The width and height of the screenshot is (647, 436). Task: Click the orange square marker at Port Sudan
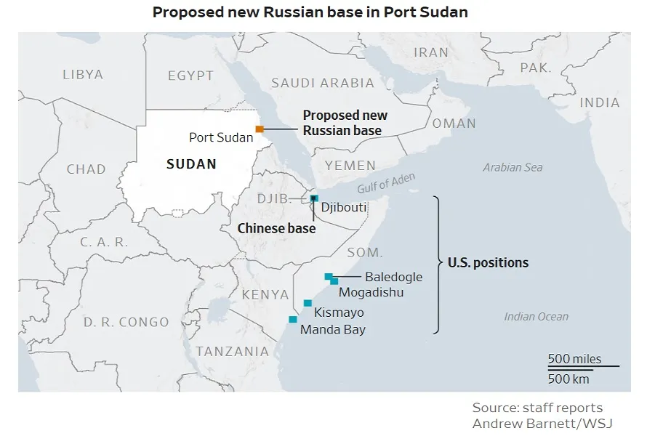[260, 129]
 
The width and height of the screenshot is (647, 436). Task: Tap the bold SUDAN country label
[191, 164]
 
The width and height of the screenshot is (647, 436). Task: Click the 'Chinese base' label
[276, 228]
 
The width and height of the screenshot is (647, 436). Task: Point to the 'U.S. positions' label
[488, 263]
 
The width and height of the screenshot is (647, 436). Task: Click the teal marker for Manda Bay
[293, 319]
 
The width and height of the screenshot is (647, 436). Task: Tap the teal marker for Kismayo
[308, 303]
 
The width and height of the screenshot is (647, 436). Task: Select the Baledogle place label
[393, 277]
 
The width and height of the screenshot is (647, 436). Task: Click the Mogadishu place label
[371, 292]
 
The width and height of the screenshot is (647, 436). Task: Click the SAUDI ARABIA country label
[323, 83]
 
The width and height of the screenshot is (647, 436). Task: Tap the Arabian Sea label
[513, 168]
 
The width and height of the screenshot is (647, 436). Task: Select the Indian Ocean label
[537, 316]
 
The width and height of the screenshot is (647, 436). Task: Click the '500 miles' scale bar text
[574, 359]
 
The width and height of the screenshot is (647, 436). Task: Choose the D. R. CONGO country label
[126, 322]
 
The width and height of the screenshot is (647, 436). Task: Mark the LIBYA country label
[83, 74]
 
